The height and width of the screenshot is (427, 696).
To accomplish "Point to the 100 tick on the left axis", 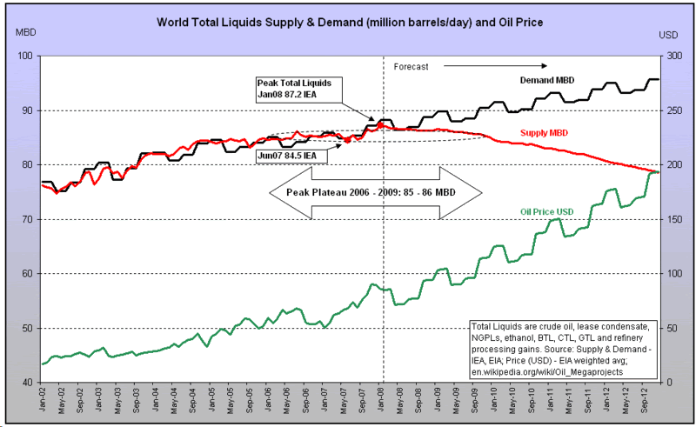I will point(23,57).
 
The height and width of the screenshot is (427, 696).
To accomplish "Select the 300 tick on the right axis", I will point(671,57).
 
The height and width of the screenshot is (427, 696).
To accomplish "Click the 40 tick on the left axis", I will point(26,383).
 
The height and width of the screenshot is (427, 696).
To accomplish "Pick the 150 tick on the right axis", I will point(671,220).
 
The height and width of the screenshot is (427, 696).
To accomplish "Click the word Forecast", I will point(412,67).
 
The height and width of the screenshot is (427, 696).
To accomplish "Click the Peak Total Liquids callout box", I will point(298,89).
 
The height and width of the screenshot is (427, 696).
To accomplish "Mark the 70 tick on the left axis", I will point(26,220).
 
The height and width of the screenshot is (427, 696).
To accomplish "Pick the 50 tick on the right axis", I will point(668,329).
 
